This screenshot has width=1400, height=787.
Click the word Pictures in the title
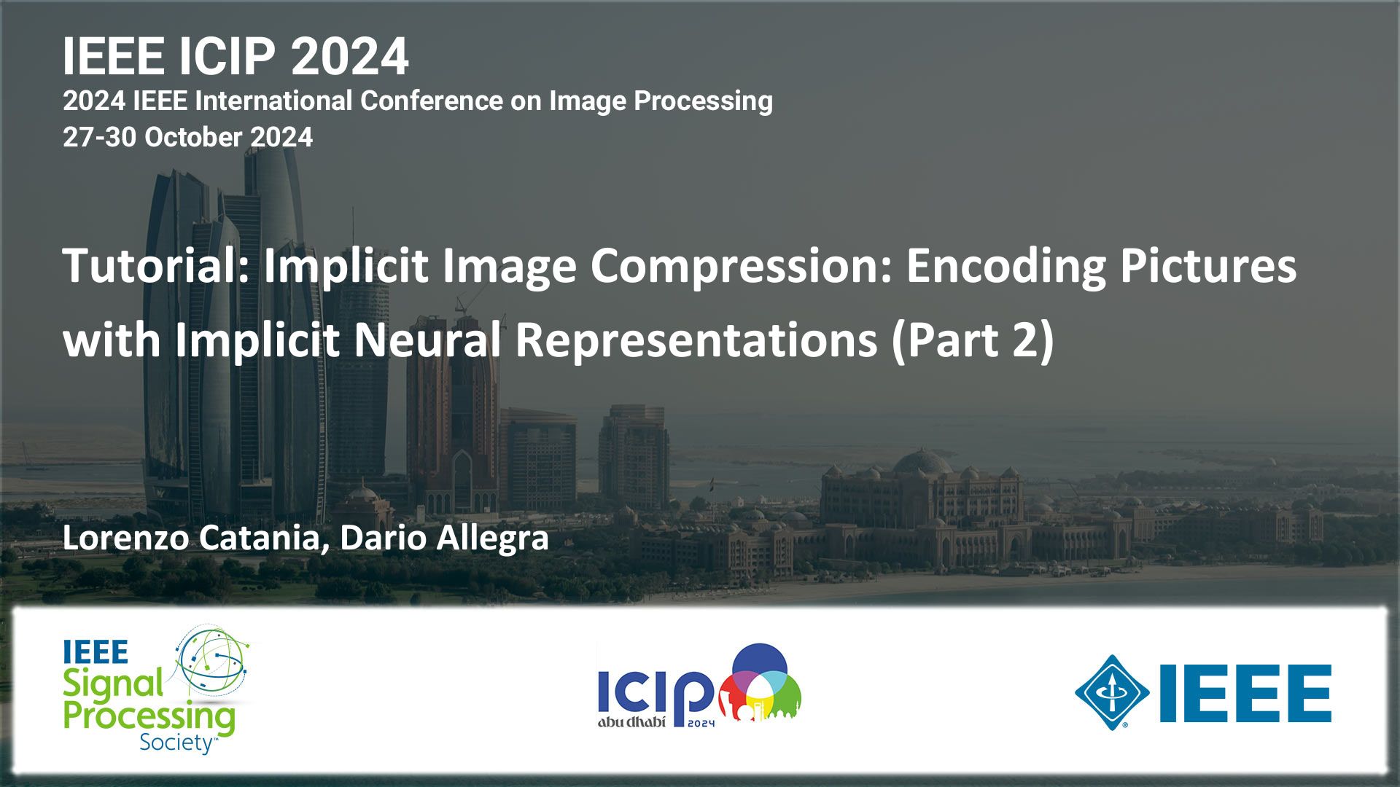tap(1208, 265)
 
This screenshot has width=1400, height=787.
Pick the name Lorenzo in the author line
tap(125, 539)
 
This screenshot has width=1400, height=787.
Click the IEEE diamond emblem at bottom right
tap(1112, 692)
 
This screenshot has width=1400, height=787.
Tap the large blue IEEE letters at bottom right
tap(1245, 693)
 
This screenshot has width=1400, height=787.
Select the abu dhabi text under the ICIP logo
tap(631, 722)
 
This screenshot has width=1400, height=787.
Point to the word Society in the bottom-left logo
tap(176, 743)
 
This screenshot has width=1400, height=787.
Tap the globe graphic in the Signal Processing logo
tap(212, 660)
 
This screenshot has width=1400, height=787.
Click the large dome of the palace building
tap(922, 463)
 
